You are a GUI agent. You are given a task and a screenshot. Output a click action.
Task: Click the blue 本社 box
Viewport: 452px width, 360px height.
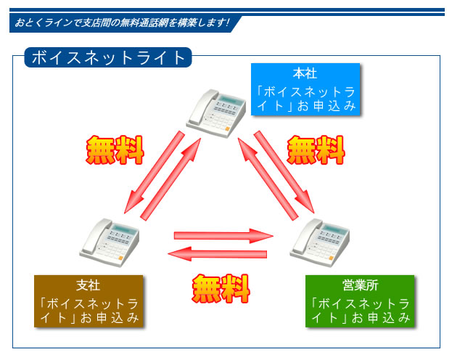(305, 89)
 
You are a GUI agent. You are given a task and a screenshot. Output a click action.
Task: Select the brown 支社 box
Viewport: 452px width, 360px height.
(89, 300)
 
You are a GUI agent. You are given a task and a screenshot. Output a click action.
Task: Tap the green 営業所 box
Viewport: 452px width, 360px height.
(359, 300)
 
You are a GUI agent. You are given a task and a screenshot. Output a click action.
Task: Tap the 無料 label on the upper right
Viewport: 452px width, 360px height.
(316, 150)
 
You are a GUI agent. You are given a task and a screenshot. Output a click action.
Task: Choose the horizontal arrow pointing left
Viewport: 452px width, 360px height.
(217, 253)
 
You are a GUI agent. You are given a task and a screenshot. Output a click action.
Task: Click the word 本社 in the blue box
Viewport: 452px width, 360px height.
(305, 73)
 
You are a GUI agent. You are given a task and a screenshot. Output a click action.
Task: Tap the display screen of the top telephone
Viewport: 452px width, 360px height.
(230, 102)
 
